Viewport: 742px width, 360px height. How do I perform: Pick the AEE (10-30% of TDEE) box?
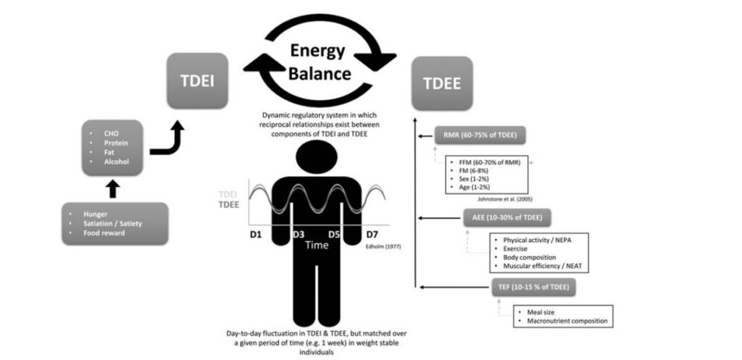(x=507, y=217)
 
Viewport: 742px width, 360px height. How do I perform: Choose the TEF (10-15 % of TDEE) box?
(x=533, y=287)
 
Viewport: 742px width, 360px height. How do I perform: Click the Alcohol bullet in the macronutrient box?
(x=115, y=162)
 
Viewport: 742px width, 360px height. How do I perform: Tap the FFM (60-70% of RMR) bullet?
(x=491, y=161)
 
